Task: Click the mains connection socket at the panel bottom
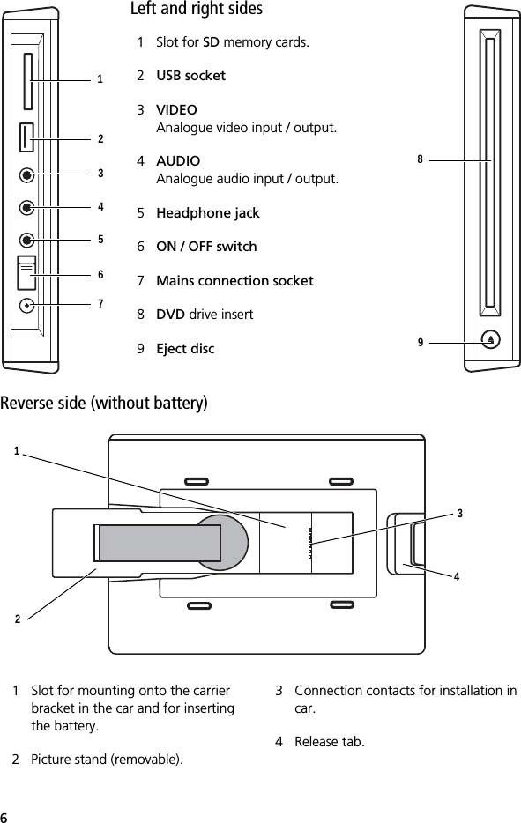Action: [28, 305]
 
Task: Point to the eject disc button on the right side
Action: [490, 338]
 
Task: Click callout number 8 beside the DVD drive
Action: [421, 159]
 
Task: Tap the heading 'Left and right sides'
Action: [197, 10]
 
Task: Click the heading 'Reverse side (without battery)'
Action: [104, 404]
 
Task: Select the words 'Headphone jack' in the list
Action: [207, 213]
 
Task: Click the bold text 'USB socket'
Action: [190, 76]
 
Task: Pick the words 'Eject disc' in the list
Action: [185, 349]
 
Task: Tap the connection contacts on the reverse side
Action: [309, 543]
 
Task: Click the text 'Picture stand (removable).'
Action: [108, 760]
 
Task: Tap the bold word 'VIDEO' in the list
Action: [176, 110]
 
